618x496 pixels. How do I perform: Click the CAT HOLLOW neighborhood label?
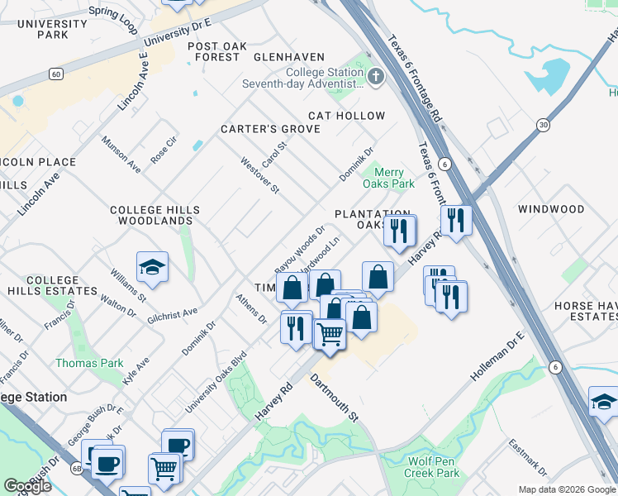pos(347,116)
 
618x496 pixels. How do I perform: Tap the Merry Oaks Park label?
pos(388,178)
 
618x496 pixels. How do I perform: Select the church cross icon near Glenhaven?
pos(376,78)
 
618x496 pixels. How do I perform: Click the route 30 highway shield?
pos(543,125)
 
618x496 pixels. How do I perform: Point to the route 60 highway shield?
pos(55,74)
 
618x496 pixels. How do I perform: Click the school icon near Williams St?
pos(152,267)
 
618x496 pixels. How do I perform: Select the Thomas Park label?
pos(89,363)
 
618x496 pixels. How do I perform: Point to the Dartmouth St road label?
pos(334,398)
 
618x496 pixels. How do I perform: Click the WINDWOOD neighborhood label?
pos(550,209)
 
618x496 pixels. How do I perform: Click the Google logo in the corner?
pos(27,486)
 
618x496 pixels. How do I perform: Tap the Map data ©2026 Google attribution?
pos(566,489)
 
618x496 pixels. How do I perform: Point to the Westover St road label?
pos(259,175)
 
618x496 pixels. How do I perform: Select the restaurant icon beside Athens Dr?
pos(295,327)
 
